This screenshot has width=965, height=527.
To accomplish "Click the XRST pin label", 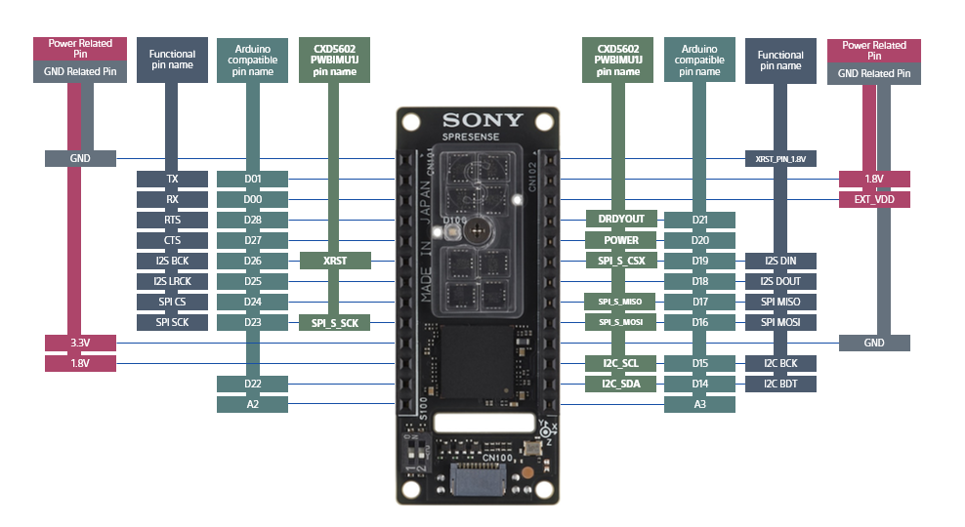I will pyautogui.click(x=335, y=261).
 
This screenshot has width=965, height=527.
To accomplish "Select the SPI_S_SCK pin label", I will pyautogui.click(x=335, y=322).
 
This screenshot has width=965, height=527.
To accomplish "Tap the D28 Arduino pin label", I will pyautogui.click(x=253, y=220).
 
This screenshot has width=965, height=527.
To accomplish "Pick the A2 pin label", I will pyautogui.click(x=253, y=404).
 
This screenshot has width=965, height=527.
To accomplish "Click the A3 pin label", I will pyautogui.click(x=699, y=404).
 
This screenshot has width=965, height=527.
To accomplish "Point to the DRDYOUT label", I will pyautogui.click(x=621, y=220).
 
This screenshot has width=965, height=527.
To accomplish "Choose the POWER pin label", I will pyautogui.click(x=621, y=240).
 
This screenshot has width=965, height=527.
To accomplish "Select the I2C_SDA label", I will pyautogui.click(x=621, y=384).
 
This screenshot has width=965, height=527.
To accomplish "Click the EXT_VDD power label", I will pyautogui.click(x=874, y=199).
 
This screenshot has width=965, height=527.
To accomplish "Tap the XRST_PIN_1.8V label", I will pyautogui.click(x=780, y=158).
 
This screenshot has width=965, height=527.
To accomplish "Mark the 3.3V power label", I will pyautogui.click(x=81, y=343).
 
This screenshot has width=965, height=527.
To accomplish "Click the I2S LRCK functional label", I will pyautogui.click(x=173, y=281).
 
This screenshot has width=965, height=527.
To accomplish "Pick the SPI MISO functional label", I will pyautogui.click(x=780, y=302).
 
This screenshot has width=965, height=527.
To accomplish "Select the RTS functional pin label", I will pyautogui.click(x=173, y=220).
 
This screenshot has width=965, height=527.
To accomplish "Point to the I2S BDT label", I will pyautogui.click(x=780, y=384).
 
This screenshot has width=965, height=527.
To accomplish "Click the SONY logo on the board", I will pyautogui.click(x=482, y=121).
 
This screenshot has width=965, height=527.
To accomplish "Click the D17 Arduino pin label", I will pyautogui.click(x=699, y=302).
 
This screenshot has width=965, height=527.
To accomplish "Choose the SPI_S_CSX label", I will pyautogui.click(x=621, y=261).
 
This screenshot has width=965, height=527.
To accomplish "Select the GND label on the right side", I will pyautogui.click(x=874, y=343).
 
